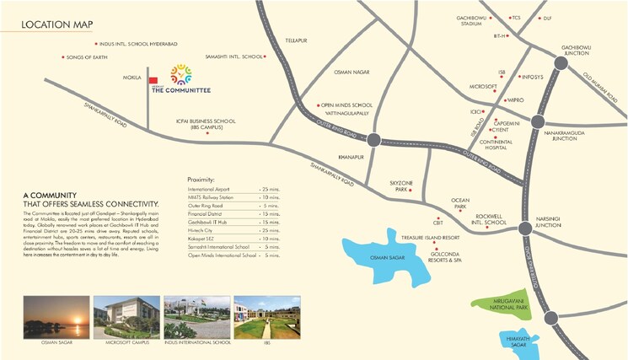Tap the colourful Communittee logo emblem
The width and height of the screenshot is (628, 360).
click(x=180, y=75)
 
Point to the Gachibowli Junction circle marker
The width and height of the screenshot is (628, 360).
click(x=561, y=62)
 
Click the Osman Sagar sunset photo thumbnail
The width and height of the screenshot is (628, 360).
click(x=52, y=318)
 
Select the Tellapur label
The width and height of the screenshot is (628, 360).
click(x=295, y=40)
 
